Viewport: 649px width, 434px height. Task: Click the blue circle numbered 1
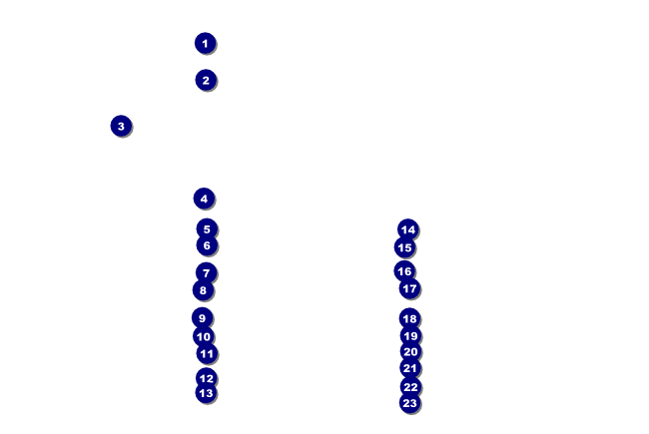(x=205, y=43)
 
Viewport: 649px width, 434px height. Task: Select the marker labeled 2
(x=206, y=80)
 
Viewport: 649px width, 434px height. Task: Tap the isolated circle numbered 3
(x=121, y=126)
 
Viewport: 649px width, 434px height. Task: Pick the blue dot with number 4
(x=204, y=199)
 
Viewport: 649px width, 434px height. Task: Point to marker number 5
(x=207, y=229)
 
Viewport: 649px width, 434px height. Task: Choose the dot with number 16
(x=404, y=271)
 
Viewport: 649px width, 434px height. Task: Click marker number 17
(x=409, y=288)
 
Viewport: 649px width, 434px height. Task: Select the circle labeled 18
(x=409, y=318)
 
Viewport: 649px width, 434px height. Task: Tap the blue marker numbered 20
(x=410, y=352)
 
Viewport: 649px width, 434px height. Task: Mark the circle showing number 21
(x=409, y=368)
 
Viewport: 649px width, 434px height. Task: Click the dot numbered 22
(x=410, y=387)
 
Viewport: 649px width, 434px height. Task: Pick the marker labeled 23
(x=409, y=403)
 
